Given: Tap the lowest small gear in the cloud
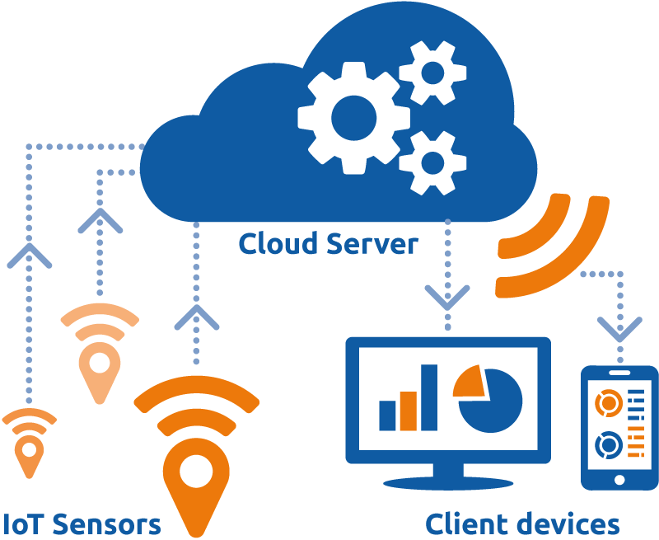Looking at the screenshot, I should [x=432, y=162].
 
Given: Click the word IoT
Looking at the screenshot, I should [x=22, y=524].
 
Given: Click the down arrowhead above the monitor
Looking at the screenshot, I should [x=447, y=297].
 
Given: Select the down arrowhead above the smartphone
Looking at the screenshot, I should [x=619, y=329].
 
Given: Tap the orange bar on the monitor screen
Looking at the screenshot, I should [x=409, y=411].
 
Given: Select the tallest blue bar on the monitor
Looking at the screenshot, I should [x=429, y=397].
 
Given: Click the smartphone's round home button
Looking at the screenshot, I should [x=619, y=477].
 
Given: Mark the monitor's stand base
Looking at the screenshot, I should [x=447, y=481].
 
